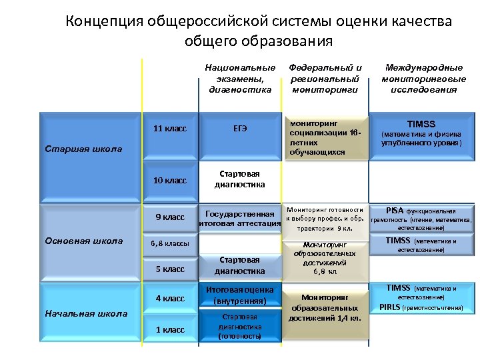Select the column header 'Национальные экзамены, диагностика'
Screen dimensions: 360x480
click(240, 79)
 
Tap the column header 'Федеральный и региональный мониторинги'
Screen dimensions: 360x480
click(325, 79)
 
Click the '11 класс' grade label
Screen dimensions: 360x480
click(169, 128)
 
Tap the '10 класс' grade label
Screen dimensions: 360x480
click(169, 180)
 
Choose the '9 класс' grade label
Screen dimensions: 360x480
click(170, 217)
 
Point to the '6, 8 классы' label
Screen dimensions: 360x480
click(169, 243)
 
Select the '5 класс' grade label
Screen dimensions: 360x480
click(169, 269)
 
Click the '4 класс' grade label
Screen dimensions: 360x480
click(169, 298)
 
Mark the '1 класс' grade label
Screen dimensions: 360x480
click(169, 329)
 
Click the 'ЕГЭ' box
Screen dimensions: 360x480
click(239, 128)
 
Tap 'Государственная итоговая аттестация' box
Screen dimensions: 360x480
click(239, 219)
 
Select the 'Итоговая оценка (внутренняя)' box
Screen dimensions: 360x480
click(240, 295)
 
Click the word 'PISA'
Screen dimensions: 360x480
click(395, 210)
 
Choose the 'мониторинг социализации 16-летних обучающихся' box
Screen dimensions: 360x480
click(325, 139)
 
